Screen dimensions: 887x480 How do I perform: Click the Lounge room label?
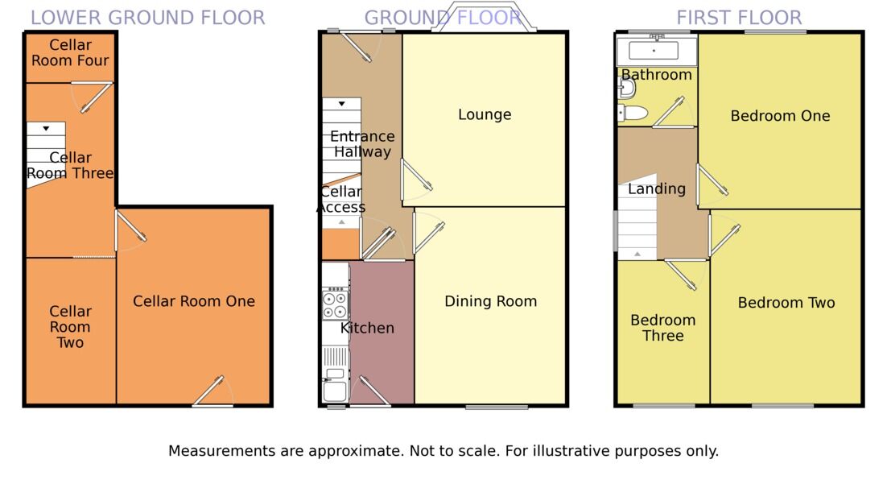coord(485,115)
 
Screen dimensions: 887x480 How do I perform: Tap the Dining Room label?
coord(490,302)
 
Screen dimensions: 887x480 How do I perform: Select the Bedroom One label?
coord(780,116)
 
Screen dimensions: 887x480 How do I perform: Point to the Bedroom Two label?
coord(786,303)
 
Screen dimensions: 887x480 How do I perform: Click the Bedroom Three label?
coord(663,328)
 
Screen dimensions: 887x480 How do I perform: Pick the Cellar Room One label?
coord(193,301)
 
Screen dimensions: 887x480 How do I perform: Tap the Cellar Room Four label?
coord(70,52)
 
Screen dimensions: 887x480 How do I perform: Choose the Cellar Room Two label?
coord(70,327)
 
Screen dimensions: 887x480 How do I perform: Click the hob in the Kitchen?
coord(335,304)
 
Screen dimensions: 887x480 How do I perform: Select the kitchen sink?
coord(335,385)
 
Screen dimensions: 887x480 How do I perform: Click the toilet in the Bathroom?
coord(633,113)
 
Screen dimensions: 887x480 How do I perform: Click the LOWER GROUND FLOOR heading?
coord(147,18)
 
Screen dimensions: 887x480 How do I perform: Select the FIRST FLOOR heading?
coord(739,18)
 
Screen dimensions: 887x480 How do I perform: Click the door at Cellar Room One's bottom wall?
coord(212,391)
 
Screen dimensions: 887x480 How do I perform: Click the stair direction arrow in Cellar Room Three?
coord(46,129)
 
